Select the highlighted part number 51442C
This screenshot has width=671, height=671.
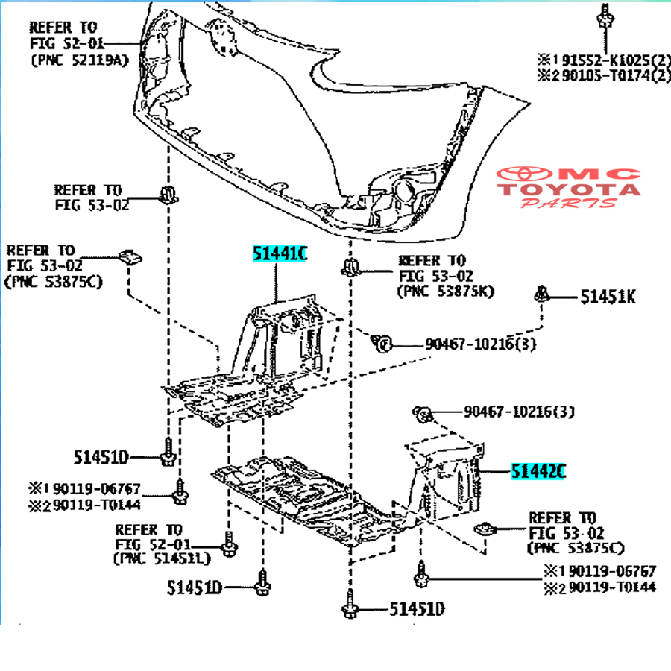pos(538,471)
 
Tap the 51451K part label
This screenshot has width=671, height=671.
pos(609,297)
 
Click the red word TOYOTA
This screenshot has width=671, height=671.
pos(570,189)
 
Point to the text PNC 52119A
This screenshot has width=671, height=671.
pos(79,60)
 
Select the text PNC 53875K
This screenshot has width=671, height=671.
pos(446,291)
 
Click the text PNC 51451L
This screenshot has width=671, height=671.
pos(162,558)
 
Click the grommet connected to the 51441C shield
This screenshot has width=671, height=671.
pos(382,343)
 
